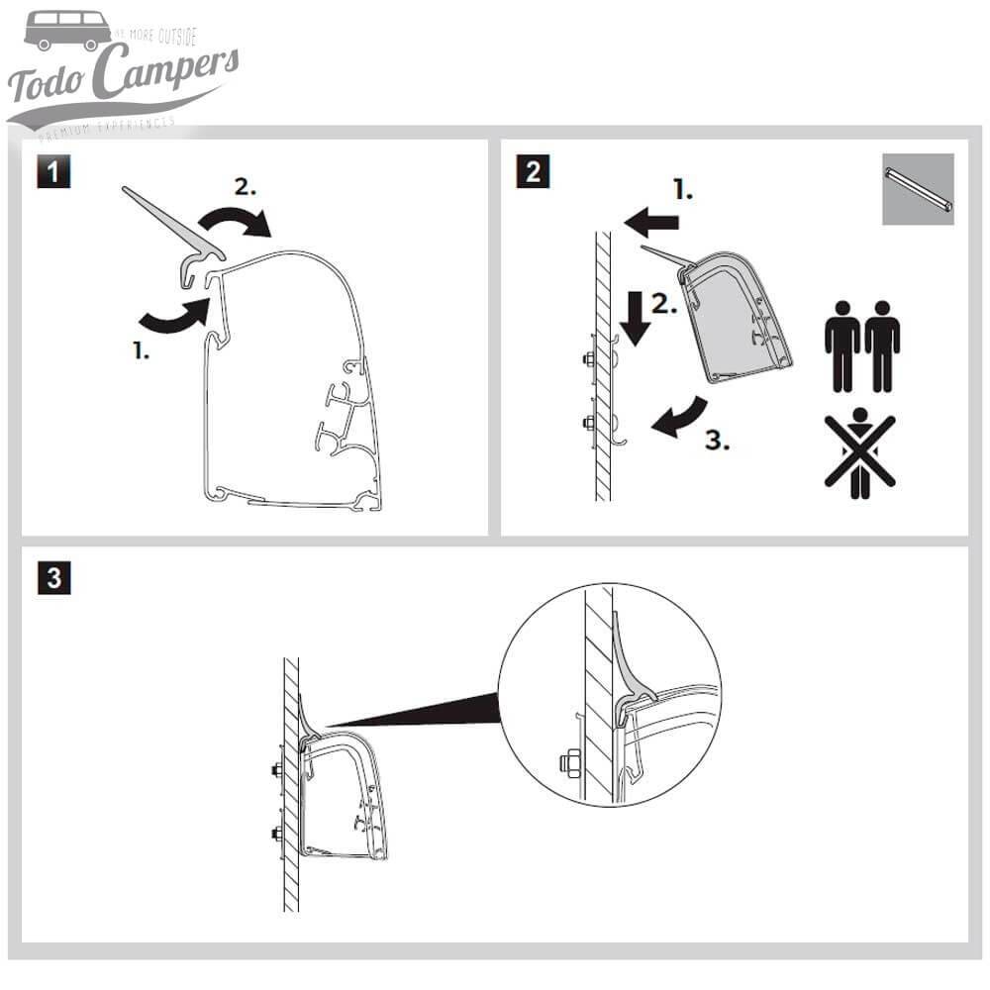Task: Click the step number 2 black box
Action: click(x=533, y=172)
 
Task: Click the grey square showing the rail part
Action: click(x=918, y=189)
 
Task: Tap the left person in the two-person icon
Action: click(x=842, y=346)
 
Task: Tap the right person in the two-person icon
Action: click(x=882, y=346)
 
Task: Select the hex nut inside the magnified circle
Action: click(x=570, y=763)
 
